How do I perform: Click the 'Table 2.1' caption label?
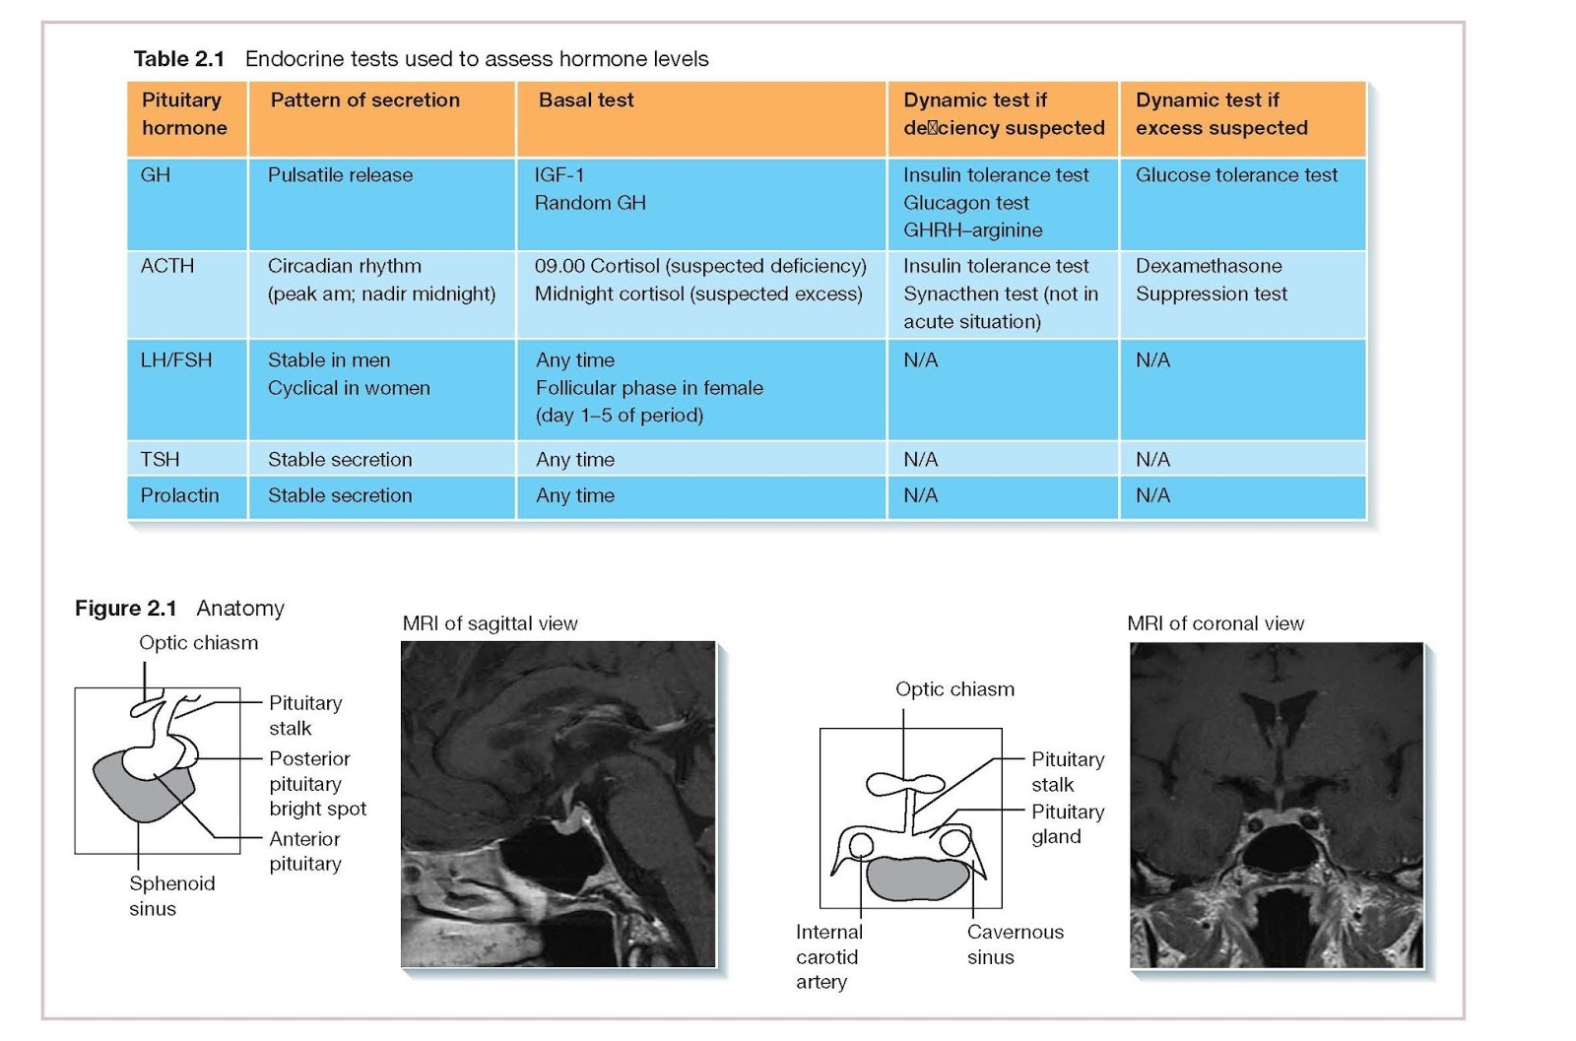tap(179, 59)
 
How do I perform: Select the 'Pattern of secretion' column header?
tap(364, 100)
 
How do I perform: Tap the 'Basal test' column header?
tap(586, 100)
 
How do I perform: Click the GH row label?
tap(156, 175)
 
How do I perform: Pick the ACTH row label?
tap(167, 266)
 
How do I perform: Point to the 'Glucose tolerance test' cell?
tap(1236, 175)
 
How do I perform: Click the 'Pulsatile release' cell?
tap(340, 175)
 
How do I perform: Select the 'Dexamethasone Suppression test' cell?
tap(1211, 280)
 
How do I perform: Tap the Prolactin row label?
tap(179, 495)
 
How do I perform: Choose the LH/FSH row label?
tap(176, 360)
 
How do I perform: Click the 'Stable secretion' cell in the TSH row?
tap(340, 460)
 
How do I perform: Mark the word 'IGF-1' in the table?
tap(559, 175)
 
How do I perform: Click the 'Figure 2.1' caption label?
tap(126, 609)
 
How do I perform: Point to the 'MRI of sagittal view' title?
tap(490, 623)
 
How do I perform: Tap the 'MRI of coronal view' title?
tap(1215, 623)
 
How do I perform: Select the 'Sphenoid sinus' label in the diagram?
tap(171, 896)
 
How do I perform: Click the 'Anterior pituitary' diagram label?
tap(305, 851)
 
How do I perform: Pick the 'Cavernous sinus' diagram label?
tap(1015, 943)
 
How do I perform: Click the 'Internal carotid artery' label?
tap(828, 956)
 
